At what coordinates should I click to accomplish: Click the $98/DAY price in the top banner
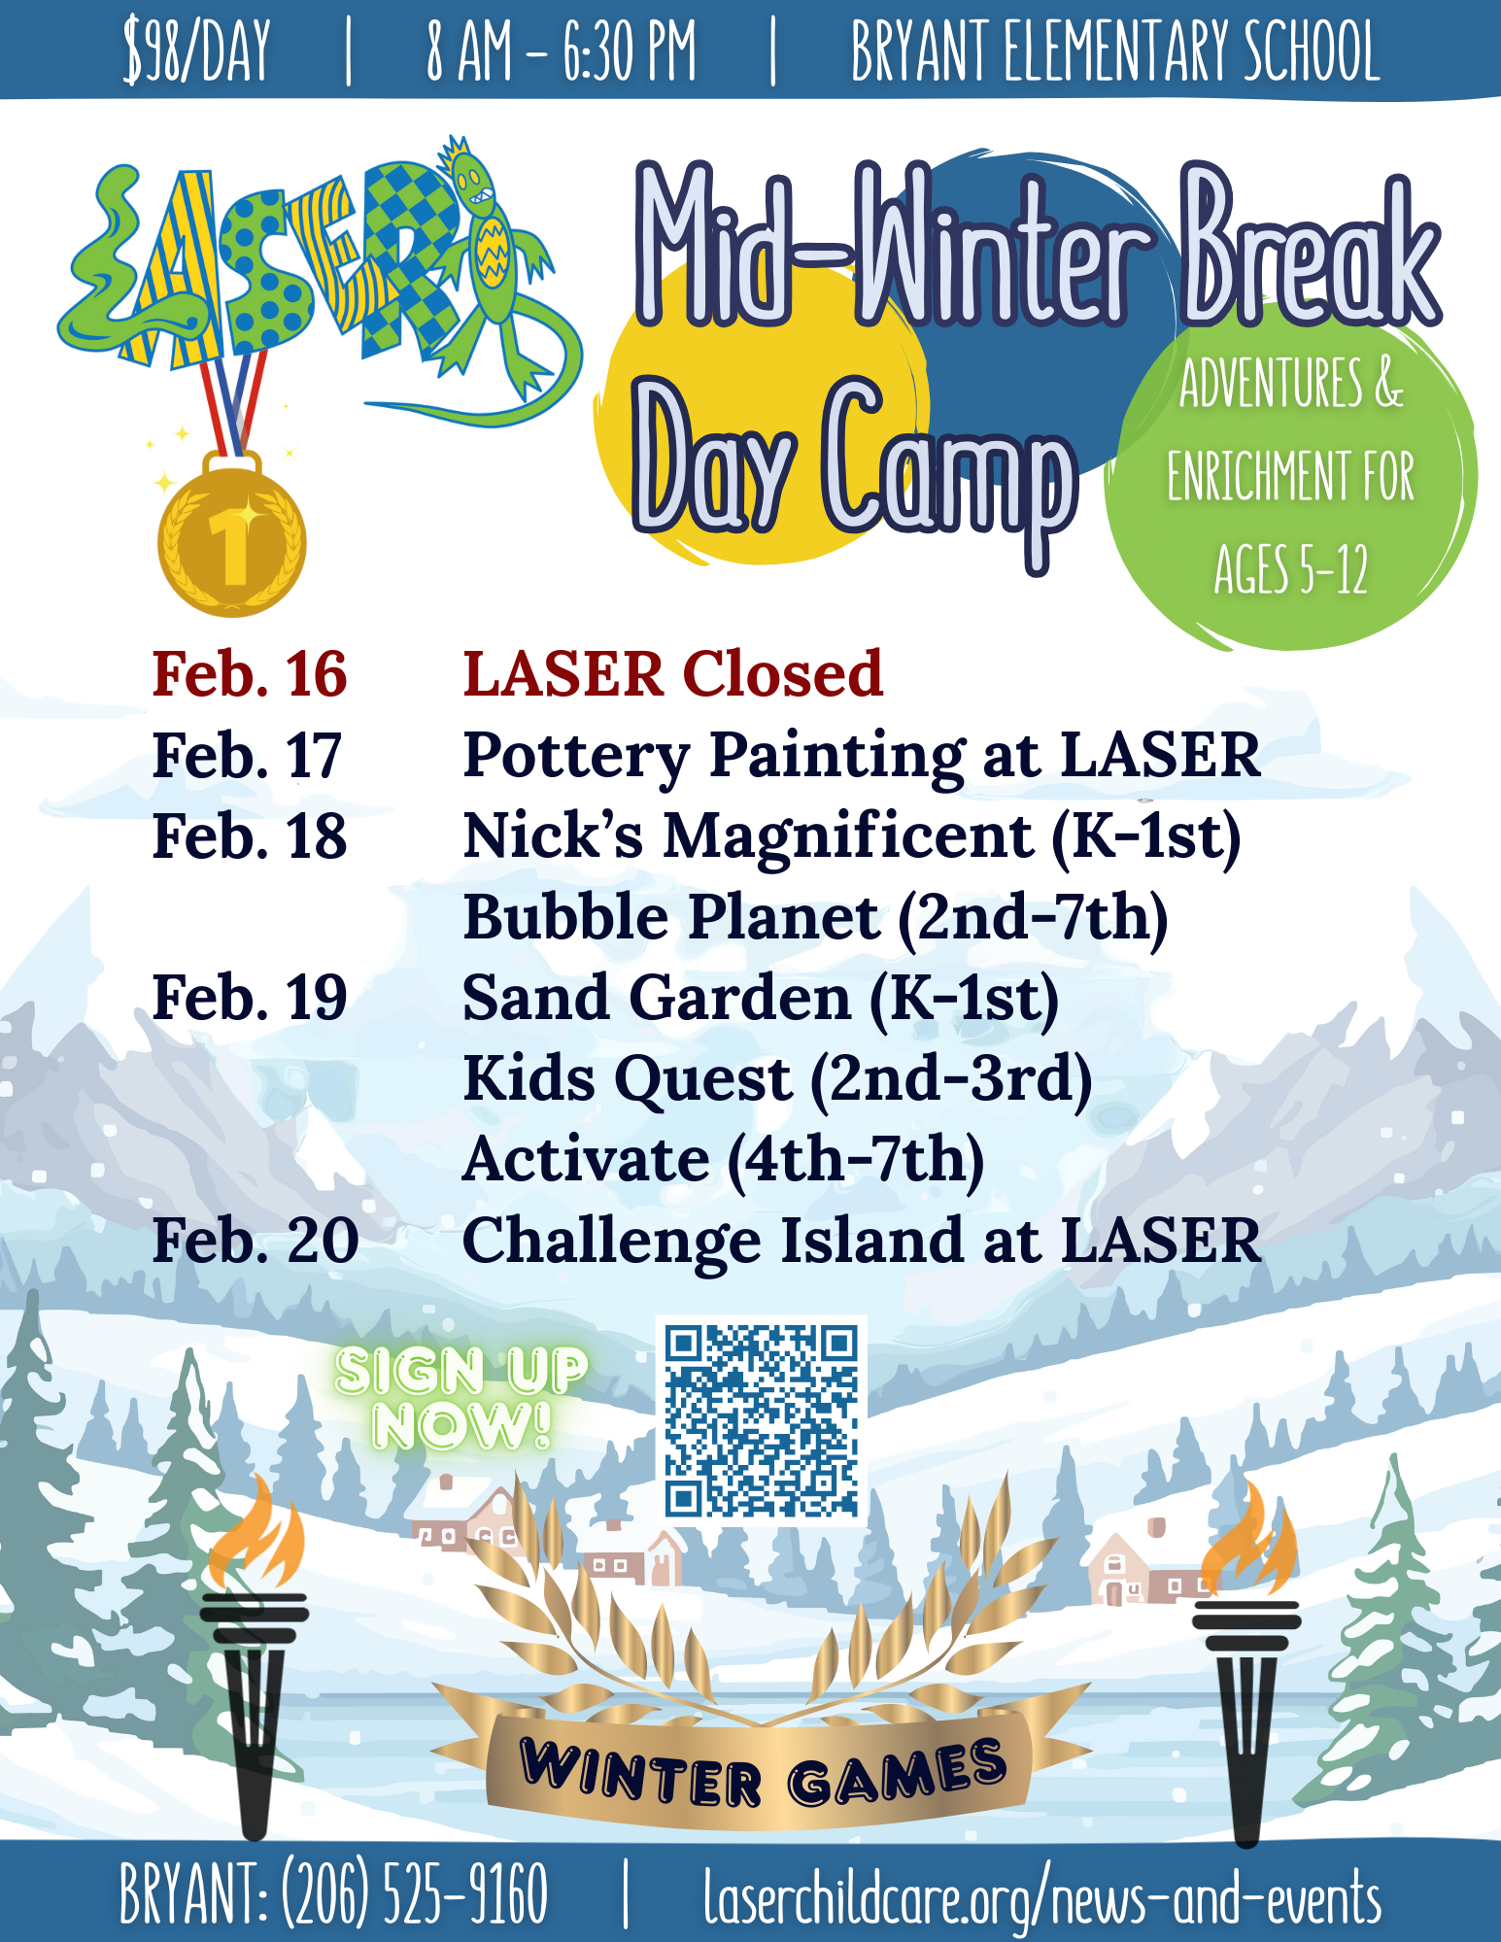tap(196, 51)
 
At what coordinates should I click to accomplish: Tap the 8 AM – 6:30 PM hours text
tap(562, 51)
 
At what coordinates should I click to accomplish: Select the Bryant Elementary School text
tap(1115, 51)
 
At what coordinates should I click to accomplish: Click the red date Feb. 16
tap(250, 673)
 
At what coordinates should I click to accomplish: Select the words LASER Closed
tap(673, 673)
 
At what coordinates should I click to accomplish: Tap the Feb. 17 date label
tap(247, 755)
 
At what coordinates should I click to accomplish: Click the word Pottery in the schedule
tap(576, 757)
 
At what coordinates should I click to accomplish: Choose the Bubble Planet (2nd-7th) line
tap(815, 917)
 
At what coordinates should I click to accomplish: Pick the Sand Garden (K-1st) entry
tap(761, 999)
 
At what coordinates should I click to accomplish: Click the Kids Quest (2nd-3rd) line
tap(777, 1079)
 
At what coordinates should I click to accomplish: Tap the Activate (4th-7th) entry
tap(724, 1160)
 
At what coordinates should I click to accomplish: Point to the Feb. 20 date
tap(256, 1241)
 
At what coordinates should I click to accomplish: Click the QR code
tap(761, 1420)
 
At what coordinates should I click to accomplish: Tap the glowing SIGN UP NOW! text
tap(461, 1398)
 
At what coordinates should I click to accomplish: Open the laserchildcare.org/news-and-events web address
tap(1042, 1895)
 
